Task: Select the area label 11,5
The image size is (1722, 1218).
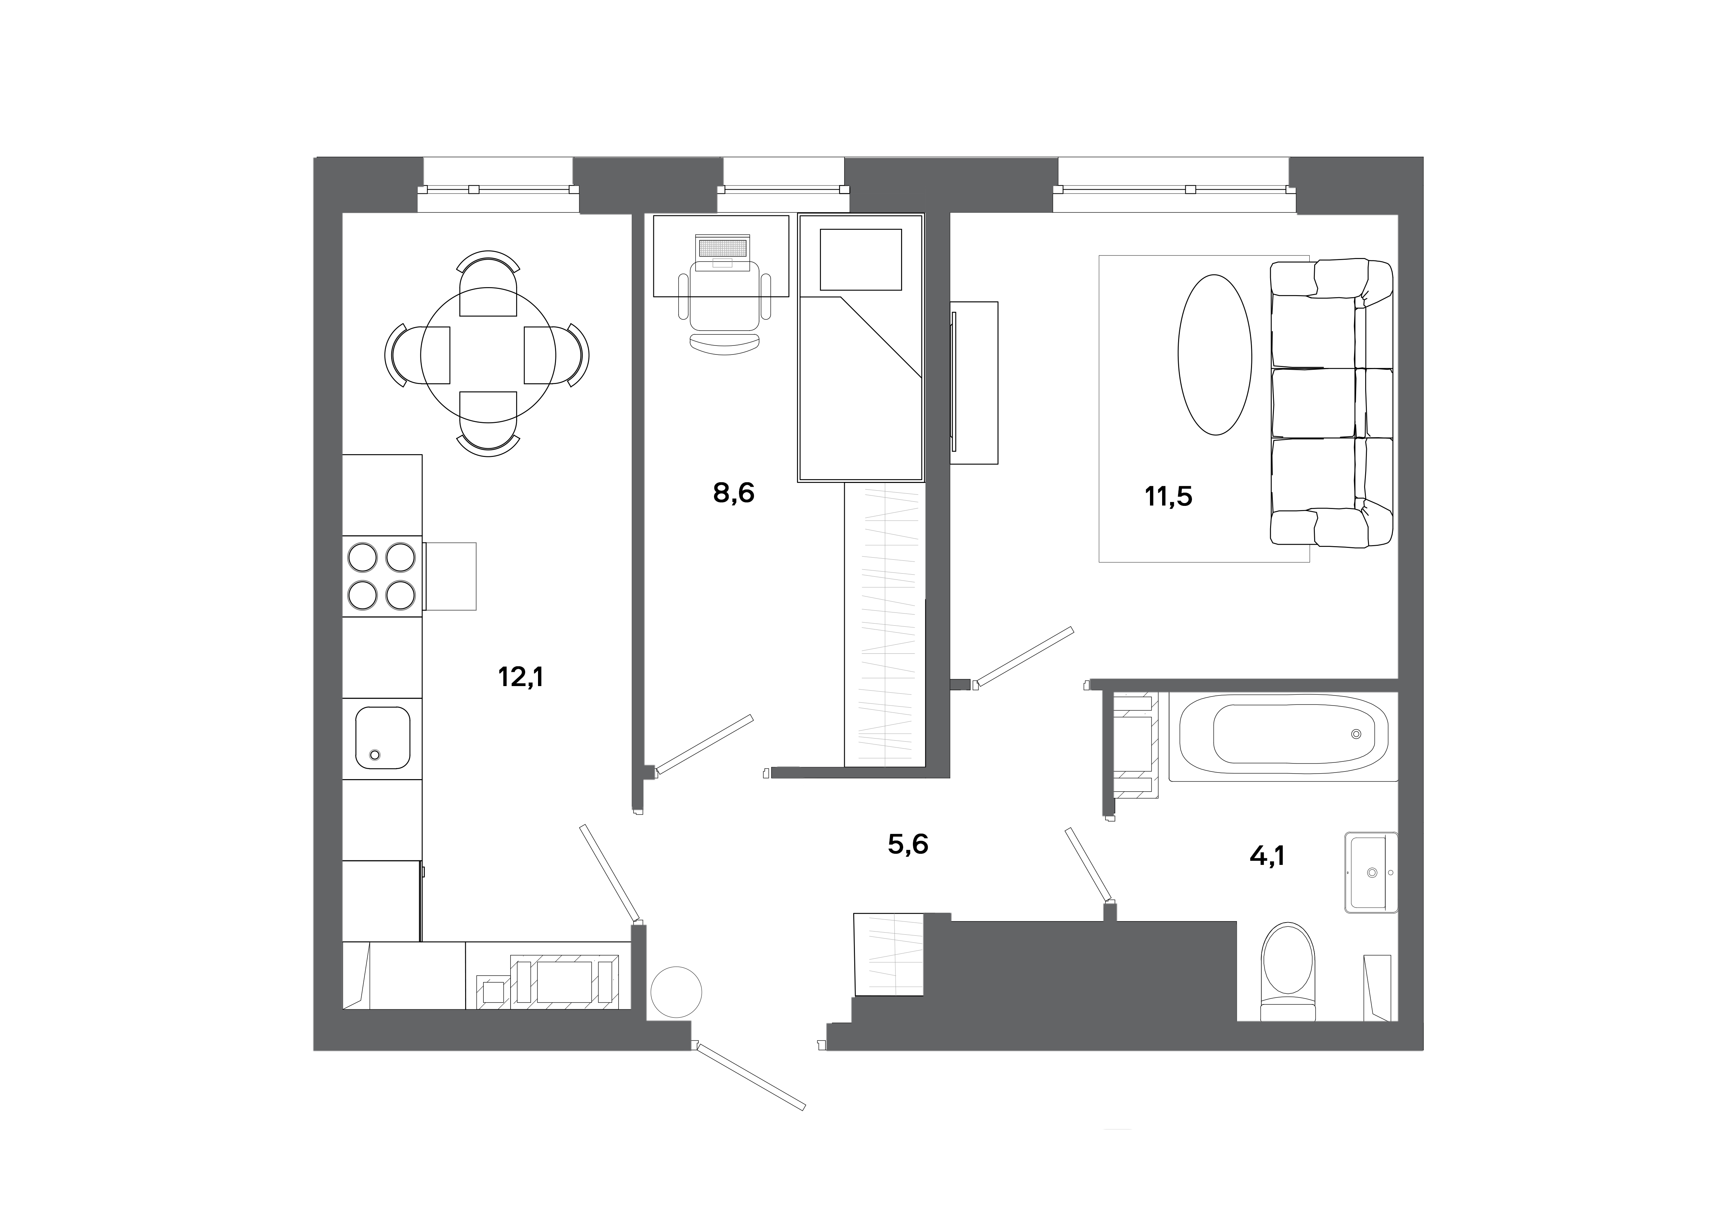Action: click(1168, 497)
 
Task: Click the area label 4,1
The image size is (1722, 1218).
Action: click(1267, 856)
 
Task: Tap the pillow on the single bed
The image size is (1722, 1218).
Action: click(860, 259)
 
